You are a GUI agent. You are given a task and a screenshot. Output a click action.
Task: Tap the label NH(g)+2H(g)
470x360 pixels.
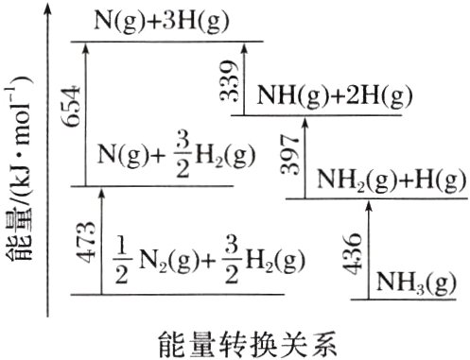pyautogui.click(x=336, y=94)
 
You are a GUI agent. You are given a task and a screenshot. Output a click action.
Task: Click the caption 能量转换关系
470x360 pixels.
pyautogui.click(x=248, y=337)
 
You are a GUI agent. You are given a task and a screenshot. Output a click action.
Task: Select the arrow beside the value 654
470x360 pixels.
pyautogui.click(x=88, y=113)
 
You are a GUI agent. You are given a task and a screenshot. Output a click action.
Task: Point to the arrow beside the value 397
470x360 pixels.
pyautogui.click(x=305, y=156)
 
